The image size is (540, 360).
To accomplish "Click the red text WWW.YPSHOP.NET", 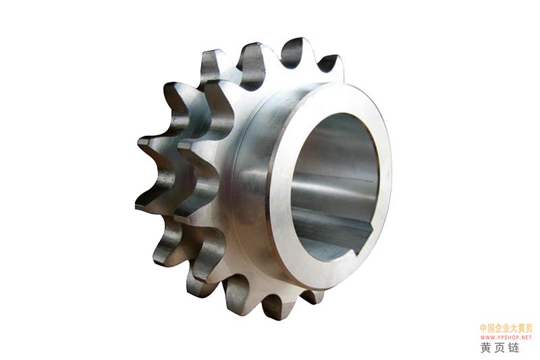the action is (x=506, y=337).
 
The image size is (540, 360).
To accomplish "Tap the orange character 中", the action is (x=484, y=328).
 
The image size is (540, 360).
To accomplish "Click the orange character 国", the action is (x=491, y=328).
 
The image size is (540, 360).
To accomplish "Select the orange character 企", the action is (x=499, y=328).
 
